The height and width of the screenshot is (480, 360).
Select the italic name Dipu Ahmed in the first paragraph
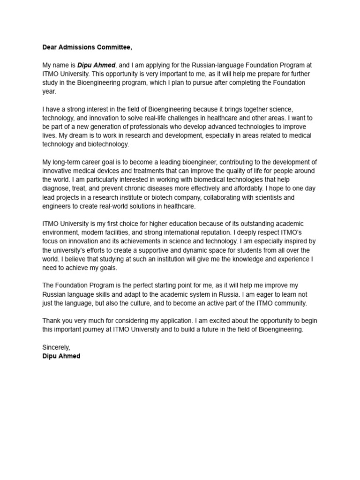96,65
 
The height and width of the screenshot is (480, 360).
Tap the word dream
82,136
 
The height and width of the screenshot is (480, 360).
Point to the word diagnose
55,189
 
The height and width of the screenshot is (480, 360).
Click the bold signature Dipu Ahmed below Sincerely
61,356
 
